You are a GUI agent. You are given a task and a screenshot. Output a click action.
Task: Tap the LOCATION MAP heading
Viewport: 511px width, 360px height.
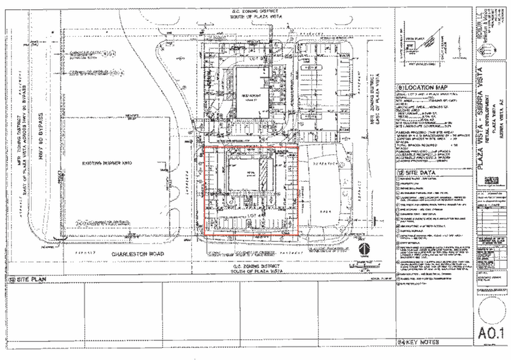point(426,87)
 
